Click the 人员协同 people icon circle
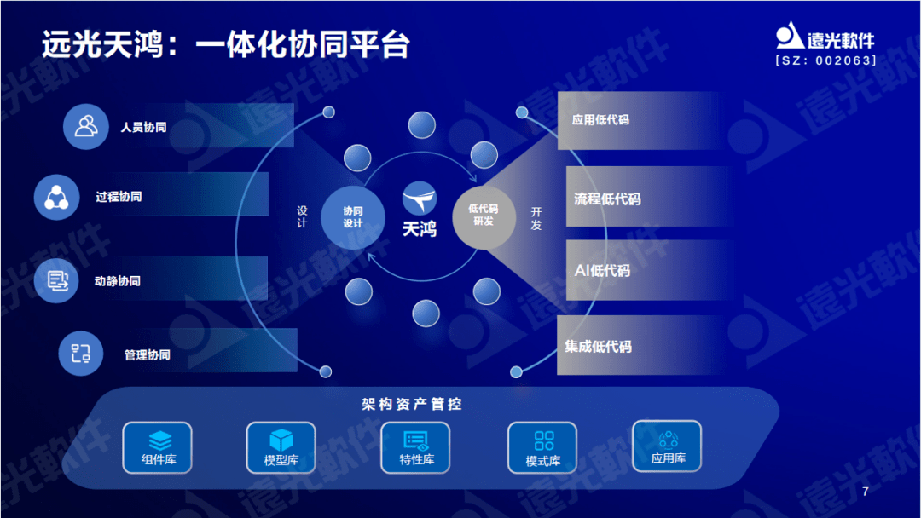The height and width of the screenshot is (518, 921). coord(86,127)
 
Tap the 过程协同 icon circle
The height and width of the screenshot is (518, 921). coord(56,197)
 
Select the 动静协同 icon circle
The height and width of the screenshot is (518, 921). coord(56,280)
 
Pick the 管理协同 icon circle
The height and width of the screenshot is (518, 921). coord(80,354)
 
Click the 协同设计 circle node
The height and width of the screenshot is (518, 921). coord(352,216)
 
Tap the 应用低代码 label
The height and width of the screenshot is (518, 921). coord(600,120)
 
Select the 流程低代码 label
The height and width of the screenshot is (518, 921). coord(607,199)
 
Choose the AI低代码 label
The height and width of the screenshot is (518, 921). coord(602,271)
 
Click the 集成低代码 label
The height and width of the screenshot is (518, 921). coord(598,347)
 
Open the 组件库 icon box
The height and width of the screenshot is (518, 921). coord(157,447)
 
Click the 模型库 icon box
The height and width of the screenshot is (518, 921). coord(281,447)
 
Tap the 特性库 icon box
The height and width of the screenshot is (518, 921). coord(416,447)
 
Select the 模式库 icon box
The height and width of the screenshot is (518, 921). coord(542,447)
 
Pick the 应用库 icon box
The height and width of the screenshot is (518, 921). coord(667,446)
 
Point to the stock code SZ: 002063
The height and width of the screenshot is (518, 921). coord(825,61)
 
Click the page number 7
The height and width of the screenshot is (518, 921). coord(866,492)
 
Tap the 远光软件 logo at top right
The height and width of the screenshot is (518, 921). coord(825,37)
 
